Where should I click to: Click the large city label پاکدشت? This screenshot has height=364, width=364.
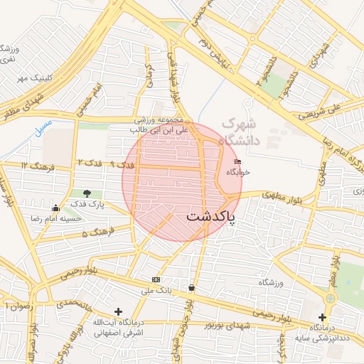pos(210,215)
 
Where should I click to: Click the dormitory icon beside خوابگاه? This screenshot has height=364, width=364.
pos(237,163)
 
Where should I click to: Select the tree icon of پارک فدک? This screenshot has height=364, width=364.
pos(87,193)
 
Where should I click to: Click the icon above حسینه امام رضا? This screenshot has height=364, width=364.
pos(56,208)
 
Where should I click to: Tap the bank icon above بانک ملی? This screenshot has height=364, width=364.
pos(156,279)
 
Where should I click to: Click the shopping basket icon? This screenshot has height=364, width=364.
pos(191,288)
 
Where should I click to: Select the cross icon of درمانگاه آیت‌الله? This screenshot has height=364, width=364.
pos(118,311)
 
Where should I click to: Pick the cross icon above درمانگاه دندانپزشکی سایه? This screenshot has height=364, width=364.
pos(323,317)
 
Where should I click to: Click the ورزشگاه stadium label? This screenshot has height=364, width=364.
pos(271,283)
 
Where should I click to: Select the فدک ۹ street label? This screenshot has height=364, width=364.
pos(125,165)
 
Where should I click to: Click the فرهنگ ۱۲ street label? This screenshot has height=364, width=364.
pos(34,165)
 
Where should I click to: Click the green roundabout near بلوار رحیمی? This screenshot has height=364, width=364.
pos(330,299)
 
